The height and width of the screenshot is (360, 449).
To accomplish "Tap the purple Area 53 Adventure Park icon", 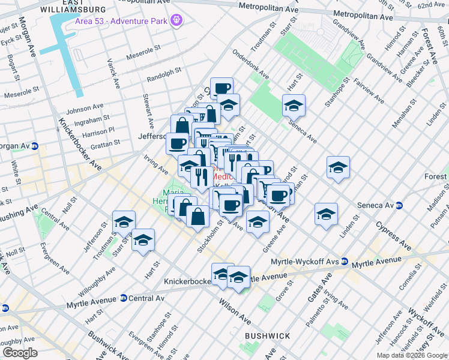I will tap(176, 21).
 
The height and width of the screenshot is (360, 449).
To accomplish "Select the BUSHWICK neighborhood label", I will tap(268, 336).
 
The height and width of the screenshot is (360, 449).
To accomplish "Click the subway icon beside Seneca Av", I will tap(397, 205).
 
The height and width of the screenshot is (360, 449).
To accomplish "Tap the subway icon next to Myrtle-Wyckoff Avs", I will tap(345, 261).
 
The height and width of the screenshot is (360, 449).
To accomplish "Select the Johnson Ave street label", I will tap(85, 109).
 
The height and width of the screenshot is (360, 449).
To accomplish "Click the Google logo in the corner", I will tap(20, 352).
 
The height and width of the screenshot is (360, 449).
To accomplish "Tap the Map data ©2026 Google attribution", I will tap(412, 355).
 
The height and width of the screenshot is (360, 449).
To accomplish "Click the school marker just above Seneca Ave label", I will tap(294, 106).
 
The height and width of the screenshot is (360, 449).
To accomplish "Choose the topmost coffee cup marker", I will tap(221, 88).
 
